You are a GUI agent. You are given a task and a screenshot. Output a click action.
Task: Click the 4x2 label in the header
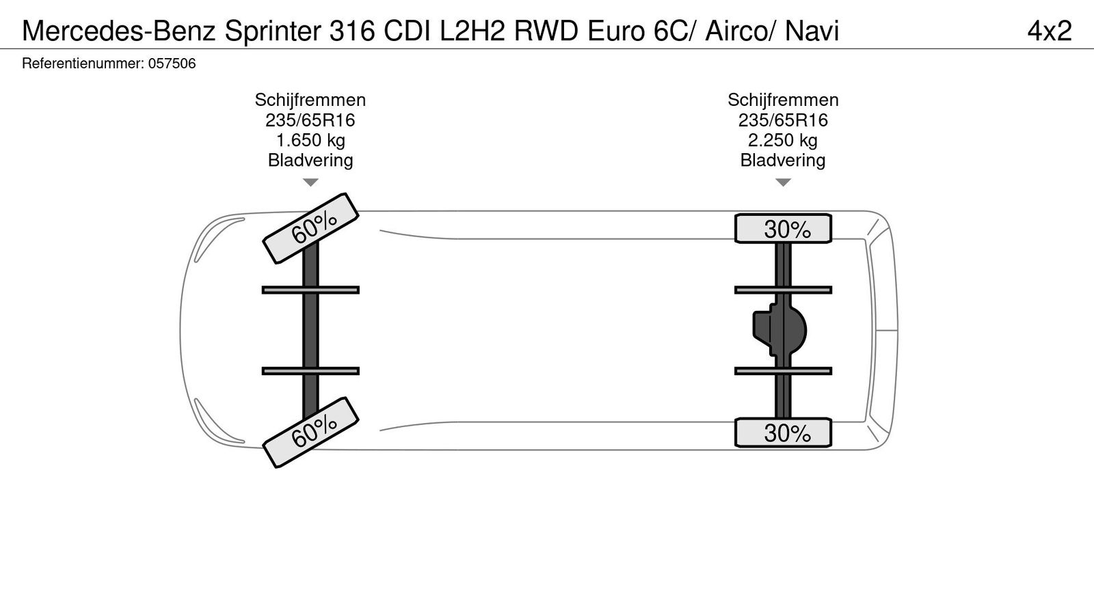tap(1049, 31)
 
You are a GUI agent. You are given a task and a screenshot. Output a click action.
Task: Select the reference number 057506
tap(172, 64)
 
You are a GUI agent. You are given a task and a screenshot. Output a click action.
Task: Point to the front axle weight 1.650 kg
tap(310, 141)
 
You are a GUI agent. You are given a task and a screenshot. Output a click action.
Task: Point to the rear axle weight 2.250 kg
tap(783, 141)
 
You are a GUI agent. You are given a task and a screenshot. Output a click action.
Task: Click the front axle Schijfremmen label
tap(310, 100)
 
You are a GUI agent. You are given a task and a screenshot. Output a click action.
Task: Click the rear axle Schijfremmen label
tap(783, 100)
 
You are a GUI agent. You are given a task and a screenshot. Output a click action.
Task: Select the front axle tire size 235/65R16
tap(310, 121)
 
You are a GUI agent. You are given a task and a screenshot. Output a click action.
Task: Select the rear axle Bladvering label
tap(783, 161)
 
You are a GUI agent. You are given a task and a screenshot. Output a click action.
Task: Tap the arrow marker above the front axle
tap(310, 182)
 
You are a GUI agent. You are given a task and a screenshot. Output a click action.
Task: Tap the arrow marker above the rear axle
tap(783, 182)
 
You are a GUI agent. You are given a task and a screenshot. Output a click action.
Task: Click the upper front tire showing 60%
tap(311, 228)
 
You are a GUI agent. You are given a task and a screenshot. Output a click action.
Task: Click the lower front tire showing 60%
tap(311, 433)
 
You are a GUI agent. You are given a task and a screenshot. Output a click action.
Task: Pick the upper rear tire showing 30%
tap(784, 229)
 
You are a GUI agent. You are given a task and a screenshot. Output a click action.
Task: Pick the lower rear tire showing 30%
tap(784, 433)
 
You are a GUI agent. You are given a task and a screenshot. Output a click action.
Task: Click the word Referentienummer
tap(82, 64)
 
